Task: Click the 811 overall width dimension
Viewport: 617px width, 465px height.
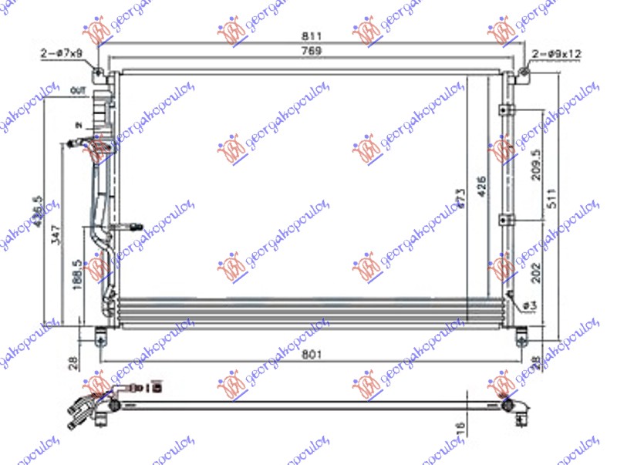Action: coord(310,35)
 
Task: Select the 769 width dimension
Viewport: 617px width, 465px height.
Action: coord(310,50)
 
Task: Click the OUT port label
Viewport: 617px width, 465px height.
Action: coord(79,91)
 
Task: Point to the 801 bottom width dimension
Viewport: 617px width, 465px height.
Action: coord(310,354)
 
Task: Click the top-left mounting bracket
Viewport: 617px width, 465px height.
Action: coord(99,73)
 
